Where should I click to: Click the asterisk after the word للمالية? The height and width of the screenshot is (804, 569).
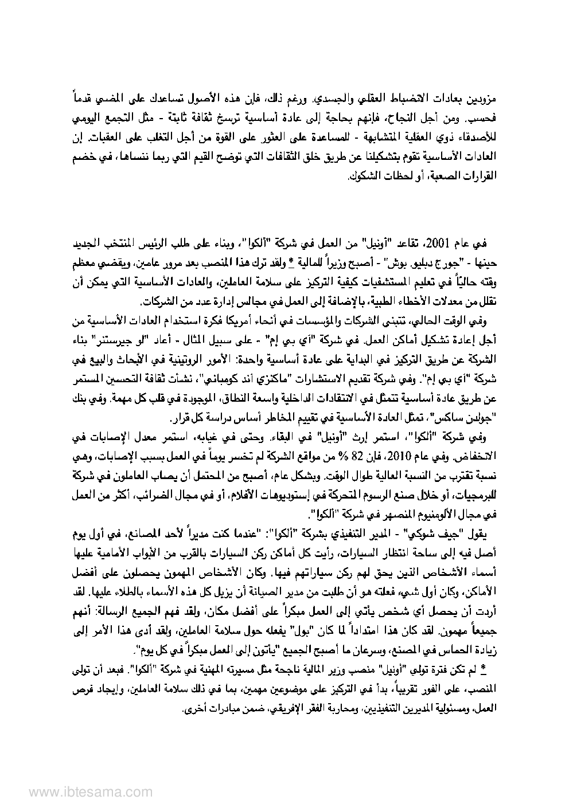click(x=291, y=258)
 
